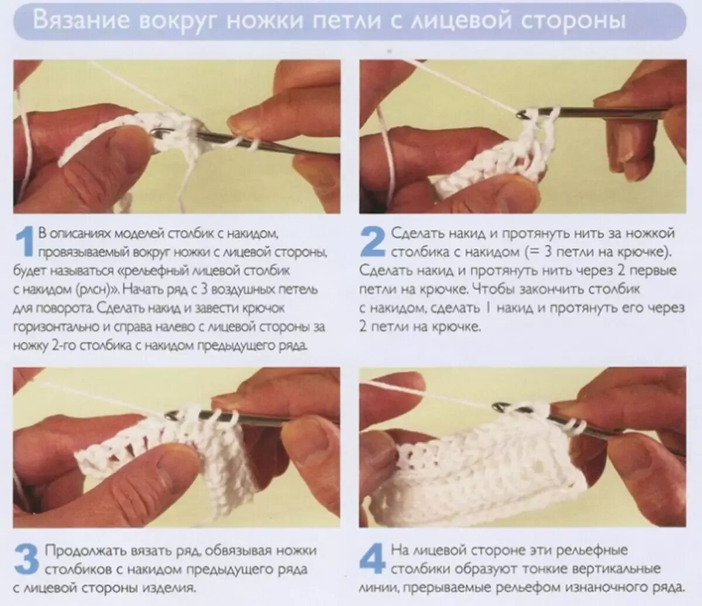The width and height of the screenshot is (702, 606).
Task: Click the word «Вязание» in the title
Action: [x=81, y=22]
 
